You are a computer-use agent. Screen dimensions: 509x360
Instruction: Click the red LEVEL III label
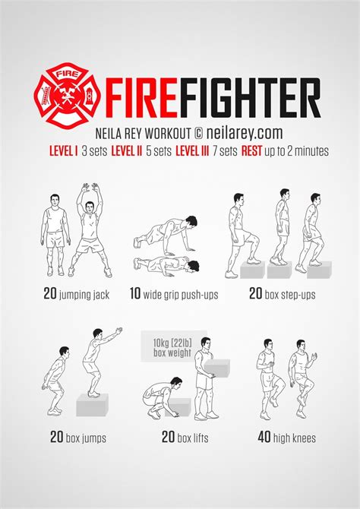(192, 150)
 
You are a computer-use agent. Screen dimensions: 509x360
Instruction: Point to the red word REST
(252, 150)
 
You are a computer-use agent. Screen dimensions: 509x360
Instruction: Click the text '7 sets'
(223, 150)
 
